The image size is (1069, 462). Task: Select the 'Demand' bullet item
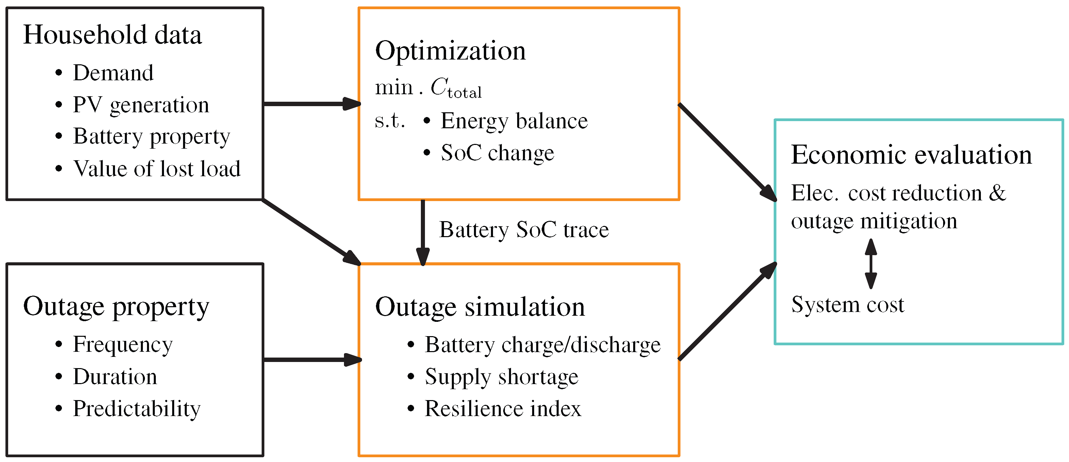(x=113, y=73)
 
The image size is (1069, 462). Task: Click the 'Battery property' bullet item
(x=151, y=136)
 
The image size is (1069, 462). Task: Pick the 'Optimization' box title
(x=450, y=51)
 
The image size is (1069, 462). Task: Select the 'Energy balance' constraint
(x=514, y=121)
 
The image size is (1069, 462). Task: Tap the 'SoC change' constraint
(x=497, y=153)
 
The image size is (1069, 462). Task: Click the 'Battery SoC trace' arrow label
(x=524, y=230)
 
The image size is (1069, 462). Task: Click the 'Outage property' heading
(x=116, y=307)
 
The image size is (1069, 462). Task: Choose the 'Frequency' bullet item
(x=122, y=345)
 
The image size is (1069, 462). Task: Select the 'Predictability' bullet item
(x=136, y=409)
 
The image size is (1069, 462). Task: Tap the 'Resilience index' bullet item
(x=503, y=409)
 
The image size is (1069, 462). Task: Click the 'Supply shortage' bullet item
(x=501, y=377)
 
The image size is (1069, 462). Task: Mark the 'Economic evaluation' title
(x=911, y=155)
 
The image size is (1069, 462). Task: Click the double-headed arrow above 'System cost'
(x=871, y=264)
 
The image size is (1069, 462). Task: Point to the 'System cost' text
(x=848, y=305)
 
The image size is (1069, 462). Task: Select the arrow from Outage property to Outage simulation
(x=312, y=360)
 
